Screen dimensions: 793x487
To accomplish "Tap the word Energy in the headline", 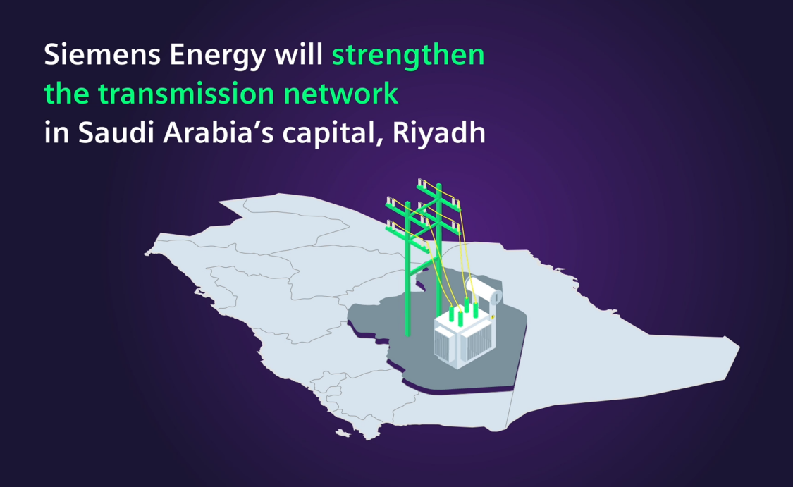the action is click(218, 56).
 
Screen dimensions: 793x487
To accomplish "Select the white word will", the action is click(298, 54).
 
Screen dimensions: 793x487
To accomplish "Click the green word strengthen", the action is click(408, 56).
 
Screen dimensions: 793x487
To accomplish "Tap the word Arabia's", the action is click(219, 132).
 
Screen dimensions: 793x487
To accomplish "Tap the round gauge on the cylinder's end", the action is click(496, 297).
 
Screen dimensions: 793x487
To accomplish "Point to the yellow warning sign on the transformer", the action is click(492, 316).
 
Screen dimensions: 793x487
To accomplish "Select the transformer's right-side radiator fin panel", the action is click(475, 341).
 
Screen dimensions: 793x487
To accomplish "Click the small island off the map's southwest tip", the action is click(343, 433).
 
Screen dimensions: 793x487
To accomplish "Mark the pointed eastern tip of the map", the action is click(739, 347).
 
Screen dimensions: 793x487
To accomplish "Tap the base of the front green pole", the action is click(407, 334).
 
